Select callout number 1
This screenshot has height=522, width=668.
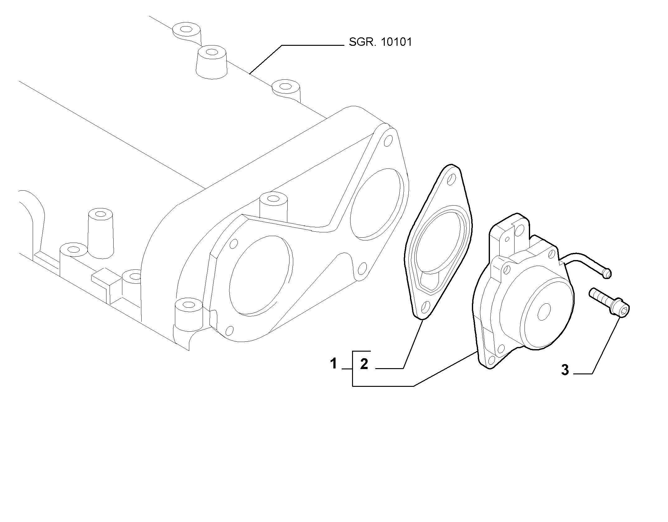pyautogui.click(x=333, y=363)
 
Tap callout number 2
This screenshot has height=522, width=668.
pyautogui.click(x=364, y=364)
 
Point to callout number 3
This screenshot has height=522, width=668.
pyautogui.click(x=565, y=370)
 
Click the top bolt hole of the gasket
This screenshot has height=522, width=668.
pyautogui.click(x=451, y=180)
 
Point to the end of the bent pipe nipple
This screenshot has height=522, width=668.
pyautogui.click(x=607, y=274)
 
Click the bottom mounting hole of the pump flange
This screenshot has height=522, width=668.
pyautogui.click(x=492, y=359)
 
